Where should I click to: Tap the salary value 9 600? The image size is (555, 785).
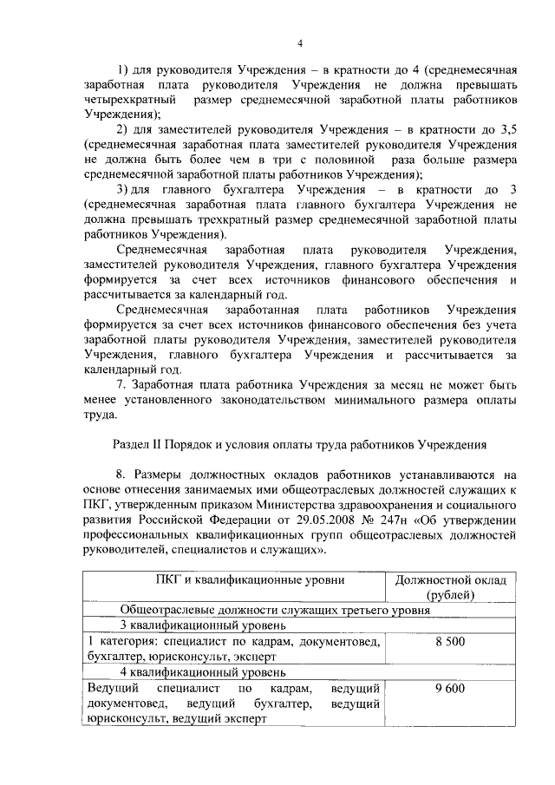click(x=455, y=688)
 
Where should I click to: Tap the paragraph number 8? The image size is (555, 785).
click(x=121, y=474)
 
